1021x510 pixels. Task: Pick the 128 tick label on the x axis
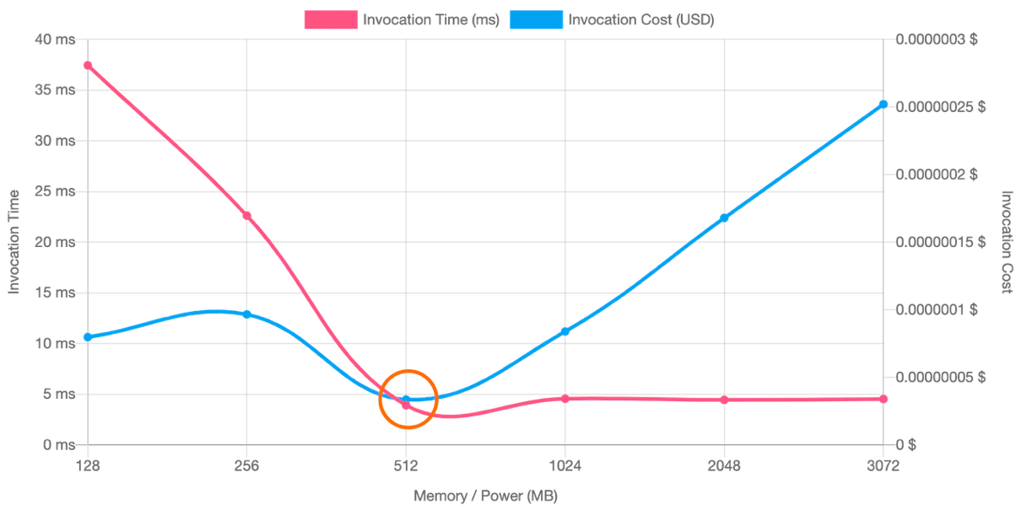(87, 463)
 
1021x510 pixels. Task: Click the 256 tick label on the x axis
(247, 463)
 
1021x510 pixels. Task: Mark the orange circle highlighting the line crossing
(408, 399)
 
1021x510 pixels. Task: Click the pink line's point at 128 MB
(87, 64)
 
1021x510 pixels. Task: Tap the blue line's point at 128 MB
(87, 337)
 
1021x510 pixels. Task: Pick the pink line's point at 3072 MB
(884, 398)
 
